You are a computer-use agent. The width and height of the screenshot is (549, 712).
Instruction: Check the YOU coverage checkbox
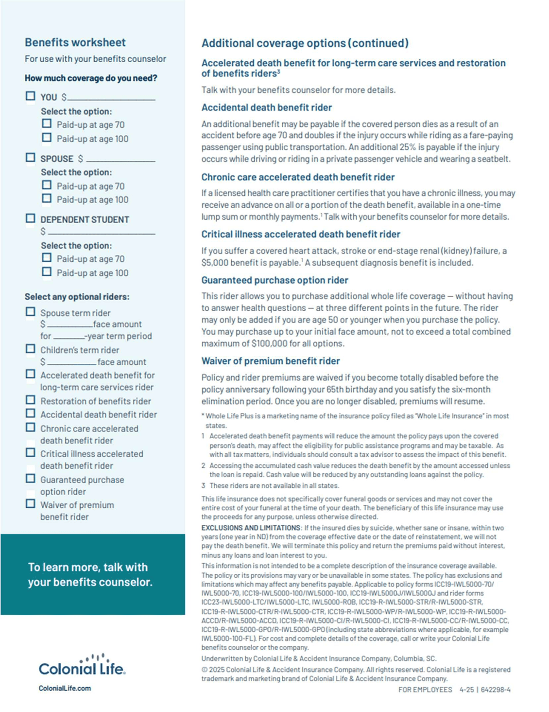(x=31, y=96)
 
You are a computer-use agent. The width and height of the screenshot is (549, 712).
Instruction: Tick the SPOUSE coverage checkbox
(x=31, y=158)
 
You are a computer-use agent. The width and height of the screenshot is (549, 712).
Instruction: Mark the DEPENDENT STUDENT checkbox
(x=31, y=218)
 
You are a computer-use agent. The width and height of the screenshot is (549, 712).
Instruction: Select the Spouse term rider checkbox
(x=31, y=312)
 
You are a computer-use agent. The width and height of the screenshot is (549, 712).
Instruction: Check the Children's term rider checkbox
(x=31, y=349)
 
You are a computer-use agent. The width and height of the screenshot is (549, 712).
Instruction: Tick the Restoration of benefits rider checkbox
(x=31, y=400)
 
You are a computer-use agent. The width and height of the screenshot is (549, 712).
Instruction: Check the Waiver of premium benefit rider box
(x=31, y=504)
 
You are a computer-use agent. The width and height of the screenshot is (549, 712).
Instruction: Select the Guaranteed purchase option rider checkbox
(x=31, y=479)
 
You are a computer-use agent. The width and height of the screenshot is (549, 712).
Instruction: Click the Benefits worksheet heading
(x=75, y=43)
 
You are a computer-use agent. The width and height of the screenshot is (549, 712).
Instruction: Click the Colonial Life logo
(x=82, y=665)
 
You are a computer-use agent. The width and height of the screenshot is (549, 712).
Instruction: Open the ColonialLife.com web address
(x=65, y=688)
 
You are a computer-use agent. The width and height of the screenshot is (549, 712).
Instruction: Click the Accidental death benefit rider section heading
(x=267, y=107)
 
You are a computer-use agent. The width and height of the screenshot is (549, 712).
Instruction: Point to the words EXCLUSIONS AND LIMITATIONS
(x=251, y=528)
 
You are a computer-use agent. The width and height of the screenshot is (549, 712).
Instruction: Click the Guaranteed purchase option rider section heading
(x=274, y=280)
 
